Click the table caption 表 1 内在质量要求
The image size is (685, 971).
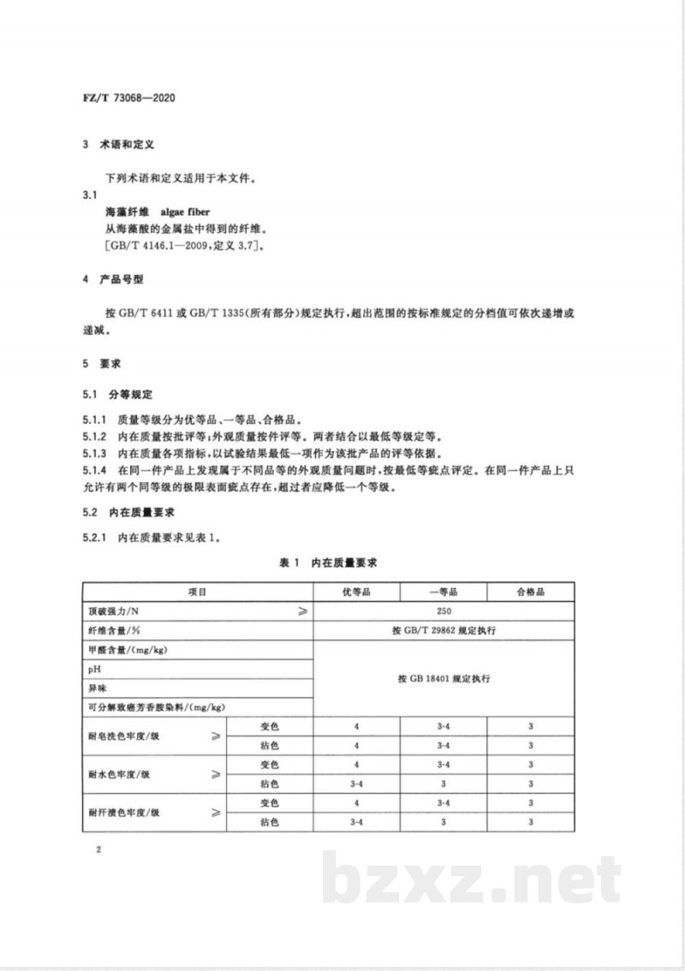[329, 563]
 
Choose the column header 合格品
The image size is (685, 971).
[530, 592]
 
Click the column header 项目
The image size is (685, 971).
[198, 592]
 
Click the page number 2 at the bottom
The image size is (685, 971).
[100, 849]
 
